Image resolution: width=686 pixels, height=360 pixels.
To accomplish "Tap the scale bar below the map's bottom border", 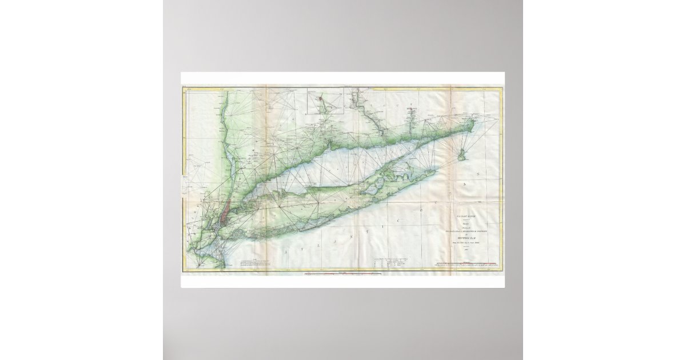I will (343, 275).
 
